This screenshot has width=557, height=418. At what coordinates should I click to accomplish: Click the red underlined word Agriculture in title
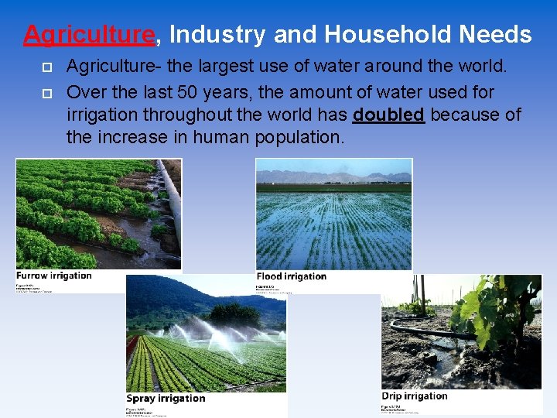(89, 35)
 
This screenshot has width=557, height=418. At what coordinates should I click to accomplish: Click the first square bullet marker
(46, 68)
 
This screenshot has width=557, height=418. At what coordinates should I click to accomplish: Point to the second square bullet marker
(46, 93)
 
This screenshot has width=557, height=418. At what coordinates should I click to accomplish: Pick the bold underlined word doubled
(388, 115)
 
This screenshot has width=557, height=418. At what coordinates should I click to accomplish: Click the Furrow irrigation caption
(54, 276)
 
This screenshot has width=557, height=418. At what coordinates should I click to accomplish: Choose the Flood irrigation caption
(292, 276)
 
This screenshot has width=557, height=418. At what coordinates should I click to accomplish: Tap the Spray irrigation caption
(166, 399)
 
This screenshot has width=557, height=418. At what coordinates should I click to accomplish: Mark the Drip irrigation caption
(415, 396)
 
